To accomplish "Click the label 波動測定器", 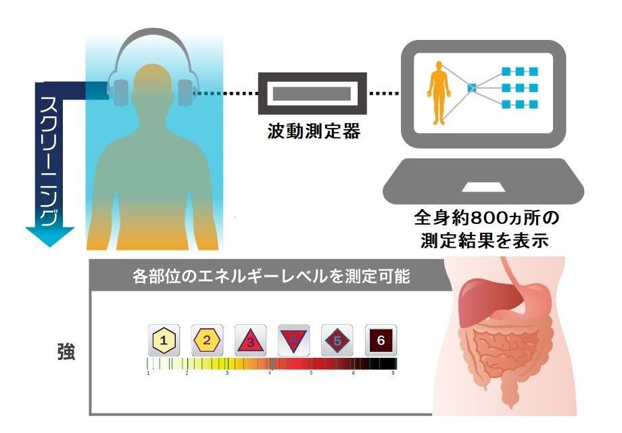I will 312,131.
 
